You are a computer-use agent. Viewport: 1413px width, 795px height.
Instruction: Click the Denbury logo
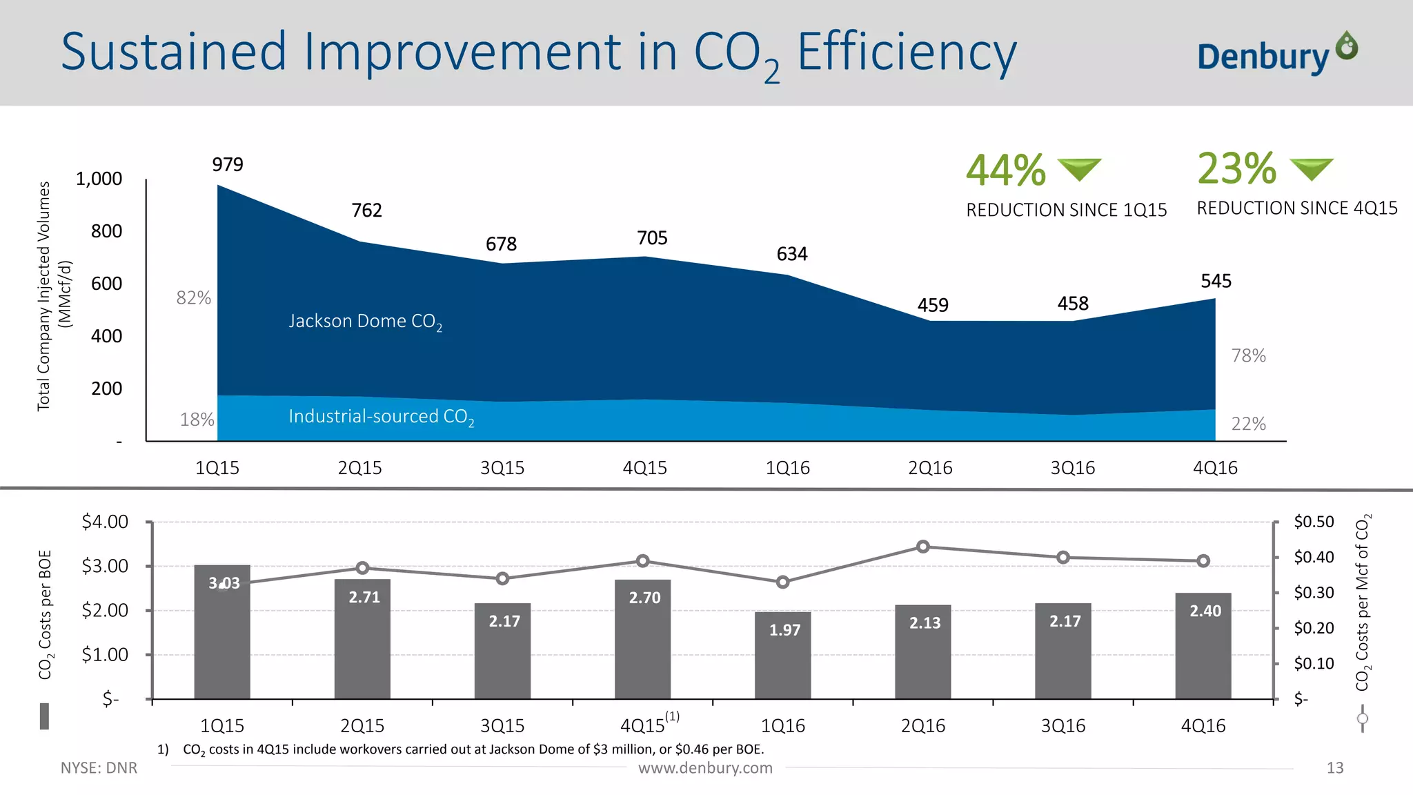click(x=1276, y=54)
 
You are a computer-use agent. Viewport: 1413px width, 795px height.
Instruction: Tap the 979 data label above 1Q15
click(x=228, y=165)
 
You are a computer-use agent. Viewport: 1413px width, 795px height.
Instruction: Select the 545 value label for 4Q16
click(x=1216, y=282)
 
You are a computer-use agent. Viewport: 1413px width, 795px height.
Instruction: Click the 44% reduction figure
click(x=1005, y=170)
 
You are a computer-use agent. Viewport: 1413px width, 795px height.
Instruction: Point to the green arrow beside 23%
click(x=1311, y=168)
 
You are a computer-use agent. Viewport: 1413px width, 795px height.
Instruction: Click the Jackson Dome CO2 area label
click(x=365, y=322)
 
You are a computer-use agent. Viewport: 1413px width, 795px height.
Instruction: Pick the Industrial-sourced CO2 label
click(x=381, y=417)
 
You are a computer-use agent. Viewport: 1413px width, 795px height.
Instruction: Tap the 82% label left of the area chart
click(x=193, y=297)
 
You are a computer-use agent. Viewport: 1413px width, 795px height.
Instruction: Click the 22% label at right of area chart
click(x=1248, y=424)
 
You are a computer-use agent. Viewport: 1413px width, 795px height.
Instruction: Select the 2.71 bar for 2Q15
click(x=362, y=638)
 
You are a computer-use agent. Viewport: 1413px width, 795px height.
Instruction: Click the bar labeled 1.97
click(x=782, y=656)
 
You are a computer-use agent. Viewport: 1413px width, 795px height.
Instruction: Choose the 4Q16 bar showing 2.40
click(x=1203, y=645)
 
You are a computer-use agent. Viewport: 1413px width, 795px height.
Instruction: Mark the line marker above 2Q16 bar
click(x=923, y=547)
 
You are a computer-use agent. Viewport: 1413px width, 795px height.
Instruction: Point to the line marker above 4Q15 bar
click(x=642, y=561)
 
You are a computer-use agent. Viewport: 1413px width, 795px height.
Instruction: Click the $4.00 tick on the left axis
click(x=105, y=522)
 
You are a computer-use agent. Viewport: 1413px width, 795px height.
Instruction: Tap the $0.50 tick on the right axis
click(x=1314, y=522)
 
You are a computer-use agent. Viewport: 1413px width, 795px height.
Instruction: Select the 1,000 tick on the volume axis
click(x=99, y=179)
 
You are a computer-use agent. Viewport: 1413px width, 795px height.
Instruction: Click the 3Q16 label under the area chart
click(x=1072, y=468)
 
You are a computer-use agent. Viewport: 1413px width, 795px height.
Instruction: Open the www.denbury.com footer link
click(x=705, y=768)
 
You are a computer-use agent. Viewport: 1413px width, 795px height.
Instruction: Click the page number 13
click(x=1334, y=768)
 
